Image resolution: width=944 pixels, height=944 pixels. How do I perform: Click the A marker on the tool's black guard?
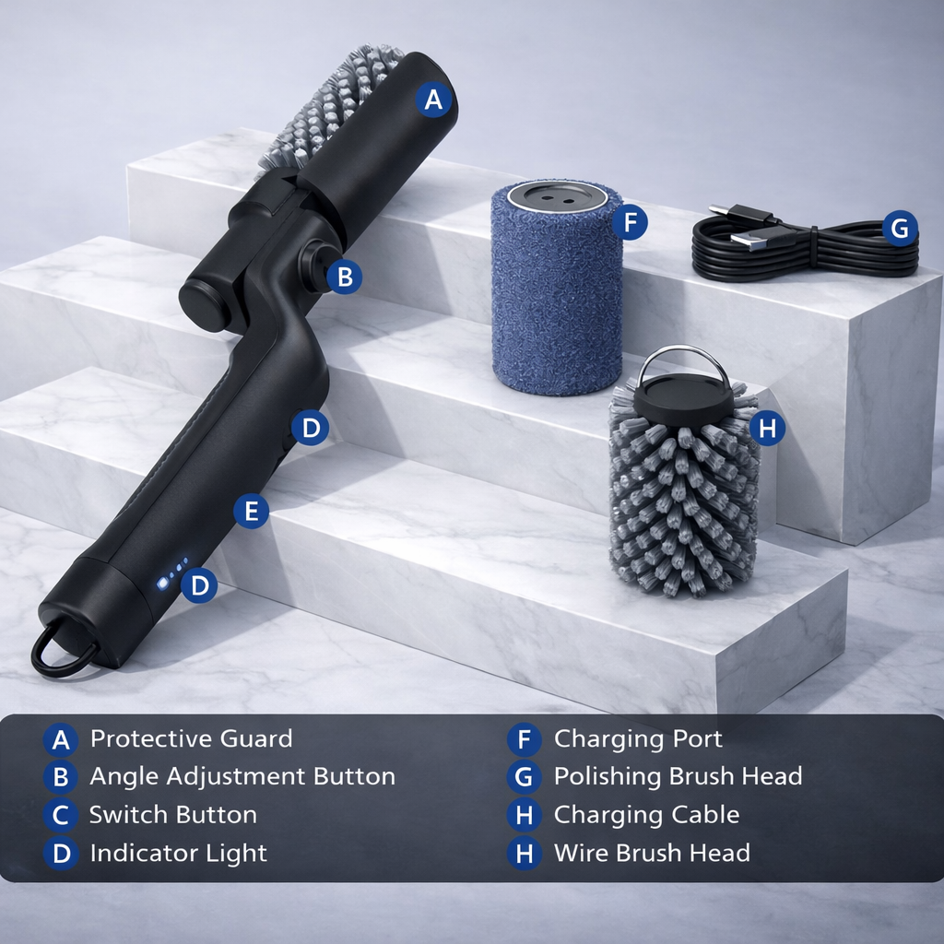(x=434, y=100)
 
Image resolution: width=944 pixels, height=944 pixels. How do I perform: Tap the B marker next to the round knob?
(x=344, y=277)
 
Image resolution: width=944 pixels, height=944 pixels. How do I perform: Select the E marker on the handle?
(x=251, y=511)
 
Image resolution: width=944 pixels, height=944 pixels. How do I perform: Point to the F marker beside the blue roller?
(x=630, y=222)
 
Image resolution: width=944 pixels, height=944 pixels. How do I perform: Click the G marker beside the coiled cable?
(x=900, y=227)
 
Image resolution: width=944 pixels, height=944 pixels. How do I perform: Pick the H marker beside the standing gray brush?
(x=767, y=428)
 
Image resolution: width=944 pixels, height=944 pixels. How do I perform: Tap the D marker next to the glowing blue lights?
(x=199, y=584)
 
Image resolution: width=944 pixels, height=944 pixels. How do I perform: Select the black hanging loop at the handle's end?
(x=63, y=651)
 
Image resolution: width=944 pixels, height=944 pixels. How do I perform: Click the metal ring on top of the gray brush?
(x=683, y=361)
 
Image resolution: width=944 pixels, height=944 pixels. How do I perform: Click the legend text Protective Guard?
(x=191, y=738)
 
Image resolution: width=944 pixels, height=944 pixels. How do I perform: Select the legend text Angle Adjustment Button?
(x=242, y=776)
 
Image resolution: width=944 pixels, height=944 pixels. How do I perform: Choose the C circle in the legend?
(x=61, y=815)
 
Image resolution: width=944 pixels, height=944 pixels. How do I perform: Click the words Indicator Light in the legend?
(x=178, y=853)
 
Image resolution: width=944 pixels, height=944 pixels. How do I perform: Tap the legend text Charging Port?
(x=638, y=738)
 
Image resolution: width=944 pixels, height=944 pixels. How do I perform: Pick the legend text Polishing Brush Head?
(x=678, y=776)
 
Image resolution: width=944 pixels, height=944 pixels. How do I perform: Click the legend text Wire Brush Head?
(x=652, y=853)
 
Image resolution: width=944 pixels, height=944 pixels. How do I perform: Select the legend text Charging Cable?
(x=646, y=815)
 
